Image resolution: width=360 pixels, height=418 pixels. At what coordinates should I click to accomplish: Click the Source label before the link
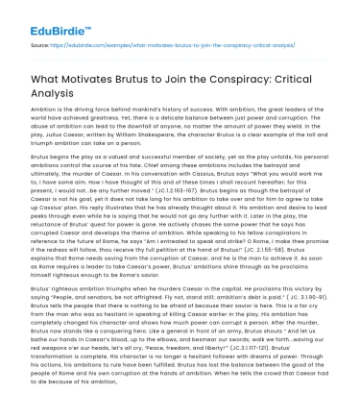(x=41, y=44)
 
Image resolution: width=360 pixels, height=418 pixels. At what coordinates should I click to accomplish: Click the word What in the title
(x=44, y=78)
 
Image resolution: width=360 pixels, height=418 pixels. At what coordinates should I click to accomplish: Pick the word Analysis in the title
(x=54, y=92)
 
